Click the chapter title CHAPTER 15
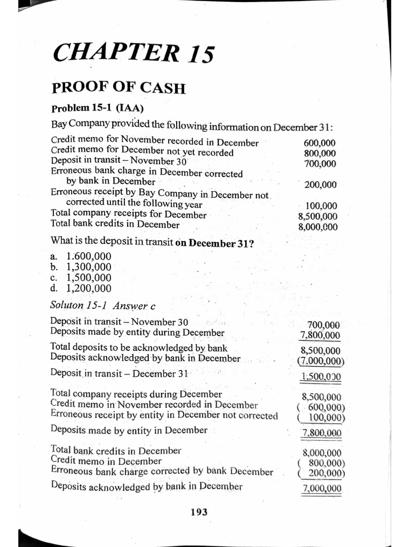point(133,54)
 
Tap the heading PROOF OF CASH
point(118,87)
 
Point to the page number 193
point(199,512)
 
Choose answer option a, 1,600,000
point(81,256)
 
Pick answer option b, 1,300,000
point(81,267)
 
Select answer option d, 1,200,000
point(81,288)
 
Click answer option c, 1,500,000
point(81,278)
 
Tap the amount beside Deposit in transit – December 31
point(321,377)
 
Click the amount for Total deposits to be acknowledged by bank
point(321,351)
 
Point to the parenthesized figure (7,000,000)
point(320,361)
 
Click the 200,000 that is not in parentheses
point(320,185)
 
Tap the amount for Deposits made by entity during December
point(320,335)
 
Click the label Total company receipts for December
point(128,215)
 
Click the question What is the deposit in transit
point(152,241)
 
